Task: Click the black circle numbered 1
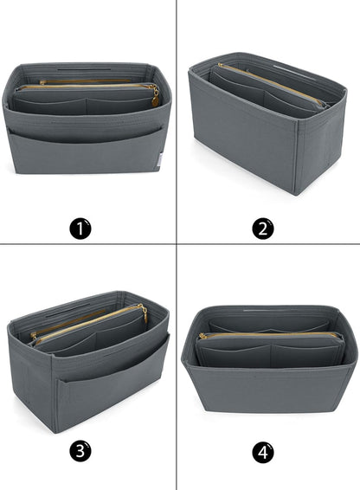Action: coord(80,229)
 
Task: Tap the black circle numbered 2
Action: coord(263,229)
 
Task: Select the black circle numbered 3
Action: coord(80,452)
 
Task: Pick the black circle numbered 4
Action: coord(263,452)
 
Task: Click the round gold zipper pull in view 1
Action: coord(155,101)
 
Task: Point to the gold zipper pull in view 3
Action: coord(144,313)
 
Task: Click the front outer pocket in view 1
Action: coord(87,151)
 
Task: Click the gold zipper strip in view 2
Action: coord(271,83)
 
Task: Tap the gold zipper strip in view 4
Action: coord(269,335)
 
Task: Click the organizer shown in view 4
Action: coord(269,358)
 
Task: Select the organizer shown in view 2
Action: coord(267,124)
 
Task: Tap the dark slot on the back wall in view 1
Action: coord(84,69)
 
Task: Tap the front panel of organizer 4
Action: coord(269,389)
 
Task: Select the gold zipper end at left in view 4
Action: coord(202,336)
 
